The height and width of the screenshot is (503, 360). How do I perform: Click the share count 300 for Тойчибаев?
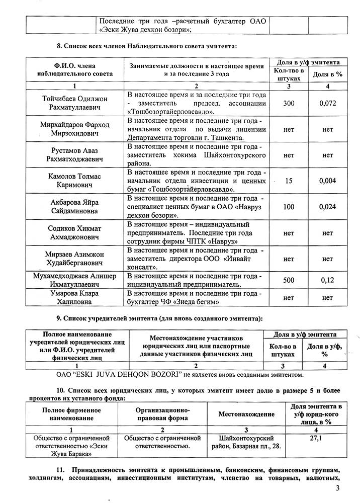289,103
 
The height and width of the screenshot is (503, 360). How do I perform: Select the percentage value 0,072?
327,103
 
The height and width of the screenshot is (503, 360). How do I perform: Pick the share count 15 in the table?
289,180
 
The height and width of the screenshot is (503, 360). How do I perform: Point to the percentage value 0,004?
327,180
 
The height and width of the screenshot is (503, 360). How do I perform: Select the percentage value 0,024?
327,206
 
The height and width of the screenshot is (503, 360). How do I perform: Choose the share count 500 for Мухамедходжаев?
289,280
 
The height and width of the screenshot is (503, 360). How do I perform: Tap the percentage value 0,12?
327,280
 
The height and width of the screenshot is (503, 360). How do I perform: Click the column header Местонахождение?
246,414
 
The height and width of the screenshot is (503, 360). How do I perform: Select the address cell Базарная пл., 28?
246,442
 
